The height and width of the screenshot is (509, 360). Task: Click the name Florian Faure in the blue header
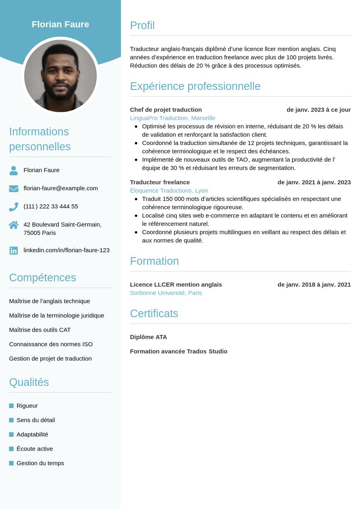click(60, 24)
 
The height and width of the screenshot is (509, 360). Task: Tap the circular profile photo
click(60, 76)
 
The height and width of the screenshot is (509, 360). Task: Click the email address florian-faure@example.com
click(60, 188)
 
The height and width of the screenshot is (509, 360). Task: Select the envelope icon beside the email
click(14, 189)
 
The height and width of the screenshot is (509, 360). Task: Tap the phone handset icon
click(14, 207)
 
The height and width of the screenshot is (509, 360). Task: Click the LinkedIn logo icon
click(14, 251)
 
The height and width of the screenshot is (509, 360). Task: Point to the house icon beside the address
click(14, 225)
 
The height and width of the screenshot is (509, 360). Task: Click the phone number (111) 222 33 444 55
click(51, 206)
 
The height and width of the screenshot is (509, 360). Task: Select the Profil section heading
click(142, 25)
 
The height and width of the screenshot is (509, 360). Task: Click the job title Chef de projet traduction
click(166, 110)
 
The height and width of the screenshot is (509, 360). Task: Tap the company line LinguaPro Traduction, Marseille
click(173, 118)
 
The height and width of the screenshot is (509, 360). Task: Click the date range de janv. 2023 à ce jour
click(318, 110)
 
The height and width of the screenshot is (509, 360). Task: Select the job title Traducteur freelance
click(160, 182)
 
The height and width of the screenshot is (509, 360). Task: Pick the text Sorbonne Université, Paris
click(166, 293)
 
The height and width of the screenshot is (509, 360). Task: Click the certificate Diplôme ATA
click(148, 337)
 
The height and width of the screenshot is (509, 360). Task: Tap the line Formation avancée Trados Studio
click(179, 351)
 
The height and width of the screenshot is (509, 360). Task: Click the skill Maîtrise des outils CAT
click(40, 330)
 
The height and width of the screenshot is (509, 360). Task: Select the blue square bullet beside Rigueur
click(11, 406)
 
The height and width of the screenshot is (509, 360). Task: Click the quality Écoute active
click(35, 449)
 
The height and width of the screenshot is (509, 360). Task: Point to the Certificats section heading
click(154, 314)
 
